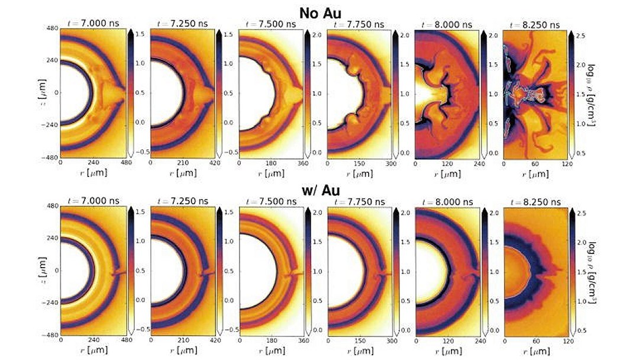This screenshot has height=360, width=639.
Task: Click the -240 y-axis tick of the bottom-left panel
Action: tap(49, 303)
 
